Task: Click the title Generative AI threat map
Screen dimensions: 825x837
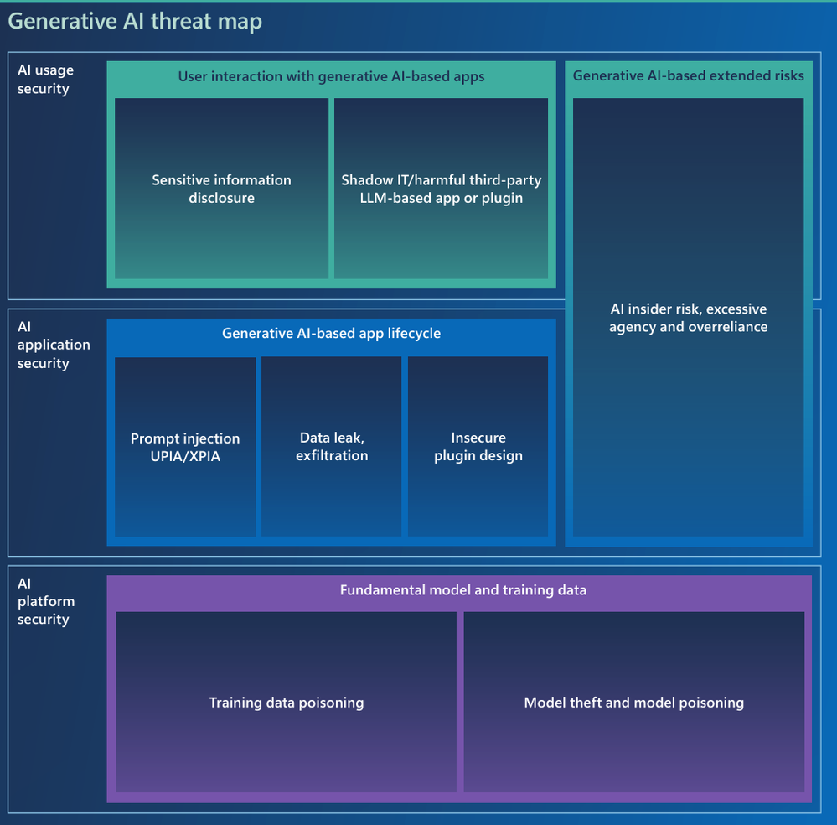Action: click(135, 21)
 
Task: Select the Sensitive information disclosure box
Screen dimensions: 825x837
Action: click(221, 189)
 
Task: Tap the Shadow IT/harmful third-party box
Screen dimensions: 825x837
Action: click(441, 189)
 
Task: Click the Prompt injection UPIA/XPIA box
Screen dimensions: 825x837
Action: click(185, 447)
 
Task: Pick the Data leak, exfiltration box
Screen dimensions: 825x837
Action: click(332, 447)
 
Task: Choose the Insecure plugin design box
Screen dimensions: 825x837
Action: click(478, 447)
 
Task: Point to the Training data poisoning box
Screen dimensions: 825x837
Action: click(286, 703)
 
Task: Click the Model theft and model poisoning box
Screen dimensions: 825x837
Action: click(633, 703)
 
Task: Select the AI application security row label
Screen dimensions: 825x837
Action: click(53, 345)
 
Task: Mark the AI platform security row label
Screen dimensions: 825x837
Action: click(46, 601)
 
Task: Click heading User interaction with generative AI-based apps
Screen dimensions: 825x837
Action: click(331, 76)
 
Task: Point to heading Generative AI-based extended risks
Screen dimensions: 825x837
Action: click(688, 75)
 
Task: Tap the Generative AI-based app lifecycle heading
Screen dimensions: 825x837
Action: click(331, 333)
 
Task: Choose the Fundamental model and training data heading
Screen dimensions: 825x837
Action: click(462, 590)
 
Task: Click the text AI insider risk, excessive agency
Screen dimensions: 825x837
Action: click(688, 309)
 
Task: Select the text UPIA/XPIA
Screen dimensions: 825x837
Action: click(185, 457)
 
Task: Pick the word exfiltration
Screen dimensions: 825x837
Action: click(332, 456)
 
